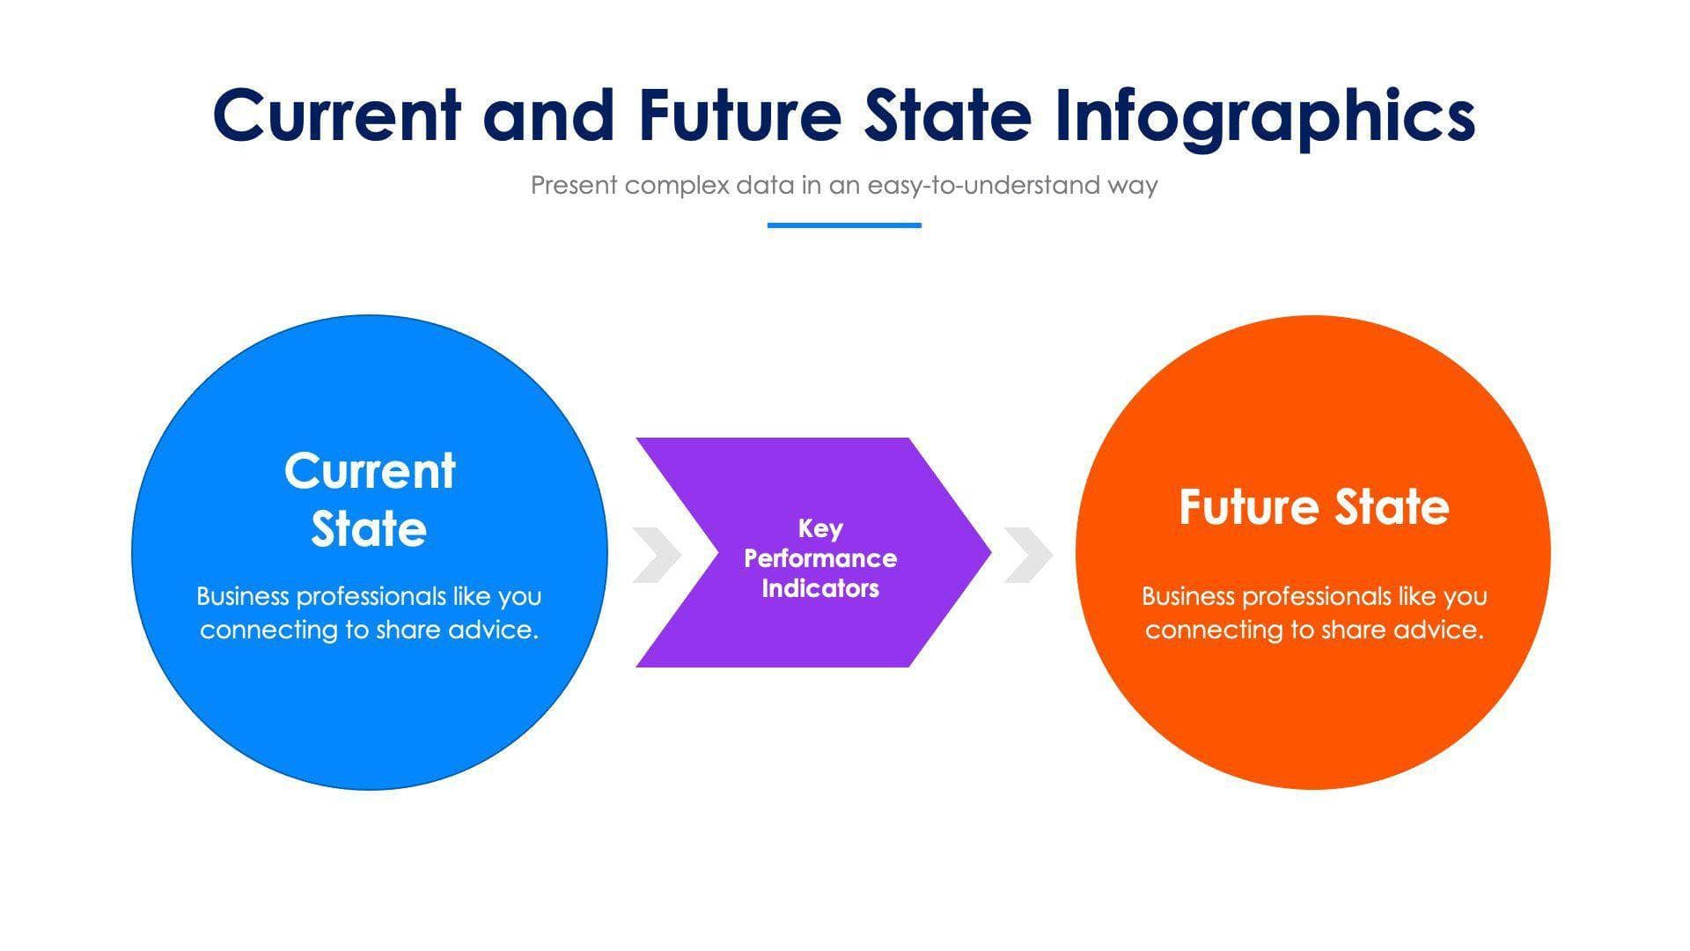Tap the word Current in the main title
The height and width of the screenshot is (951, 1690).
(x=336, y=116)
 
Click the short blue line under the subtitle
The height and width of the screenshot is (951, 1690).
(x=843, y=225)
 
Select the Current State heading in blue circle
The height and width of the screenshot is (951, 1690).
(x=370, y=499)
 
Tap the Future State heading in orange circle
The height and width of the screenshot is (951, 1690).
(x=1313, y=507)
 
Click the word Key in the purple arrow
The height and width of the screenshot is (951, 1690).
(x=820, y=528)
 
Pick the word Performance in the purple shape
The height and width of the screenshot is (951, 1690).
(x=820, y=558)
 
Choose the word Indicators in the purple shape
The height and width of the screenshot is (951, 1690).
(x=820, y=588)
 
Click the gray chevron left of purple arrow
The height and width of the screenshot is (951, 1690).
(x=657, y=555)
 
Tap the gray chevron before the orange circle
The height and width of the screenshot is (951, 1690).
(x=1028, y=555)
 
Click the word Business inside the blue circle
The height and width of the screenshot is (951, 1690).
(x=242, y=596)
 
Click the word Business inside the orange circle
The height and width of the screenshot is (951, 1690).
(x=1187, y=596)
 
